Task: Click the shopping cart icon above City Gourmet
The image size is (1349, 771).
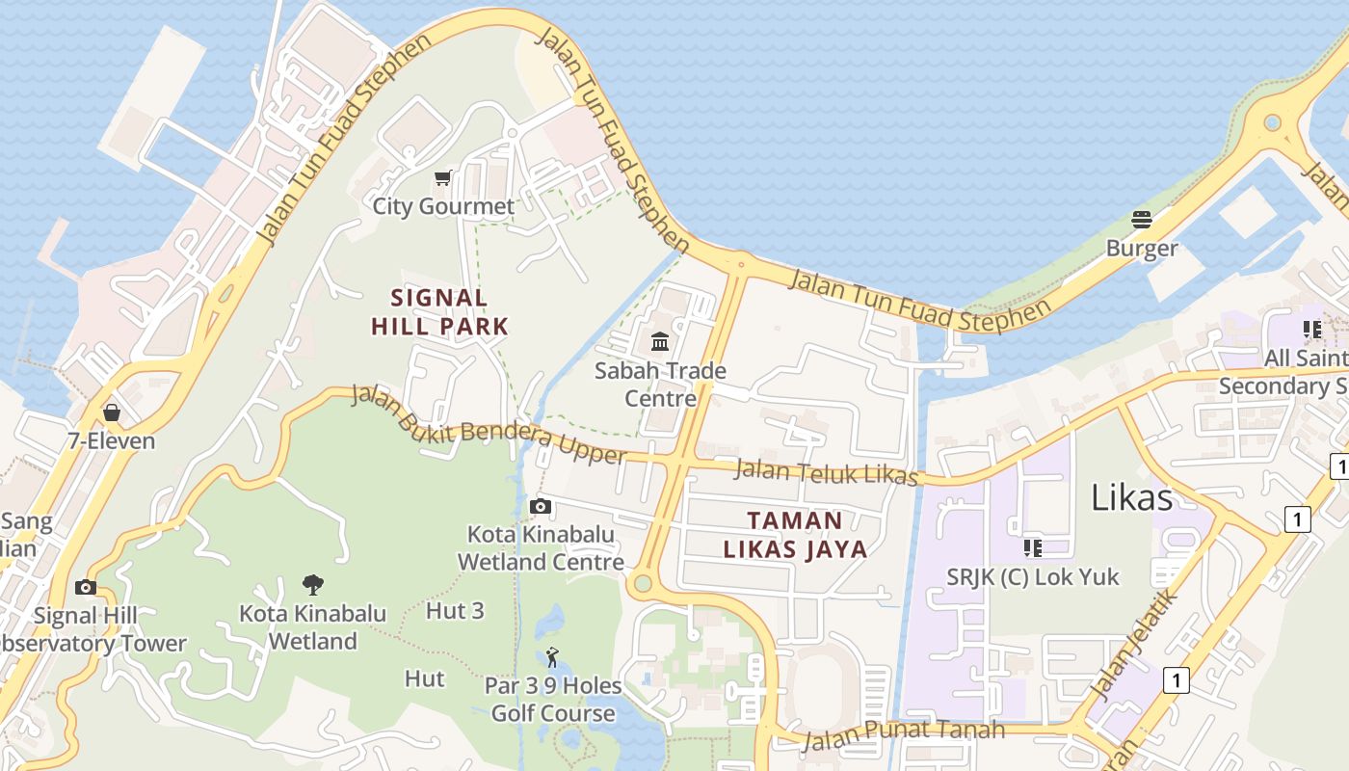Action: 442,177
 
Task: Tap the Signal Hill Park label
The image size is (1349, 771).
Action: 439,311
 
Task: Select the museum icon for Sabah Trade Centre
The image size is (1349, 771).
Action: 660,341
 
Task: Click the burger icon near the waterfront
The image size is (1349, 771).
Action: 1142,219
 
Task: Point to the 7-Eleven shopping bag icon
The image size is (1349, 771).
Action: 112,412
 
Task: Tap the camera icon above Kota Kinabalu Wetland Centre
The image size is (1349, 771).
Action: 541,506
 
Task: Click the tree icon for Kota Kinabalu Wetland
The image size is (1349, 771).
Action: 312,584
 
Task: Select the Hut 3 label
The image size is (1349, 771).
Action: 455,610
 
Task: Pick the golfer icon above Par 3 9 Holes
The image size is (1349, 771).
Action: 552,657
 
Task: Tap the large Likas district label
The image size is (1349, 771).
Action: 1131,497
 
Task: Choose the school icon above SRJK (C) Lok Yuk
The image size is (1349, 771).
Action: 1033,548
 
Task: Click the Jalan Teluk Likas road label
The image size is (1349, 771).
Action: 826,472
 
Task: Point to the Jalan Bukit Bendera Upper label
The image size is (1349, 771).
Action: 489,425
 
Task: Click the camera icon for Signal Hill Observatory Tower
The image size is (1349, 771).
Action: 86,587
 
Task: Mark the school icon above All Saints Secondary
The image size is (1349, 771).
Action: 1312,330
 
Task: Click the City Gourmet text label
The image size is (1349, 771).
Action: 444,206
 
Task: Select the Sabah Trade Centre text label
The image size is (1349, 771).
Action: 660,384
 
